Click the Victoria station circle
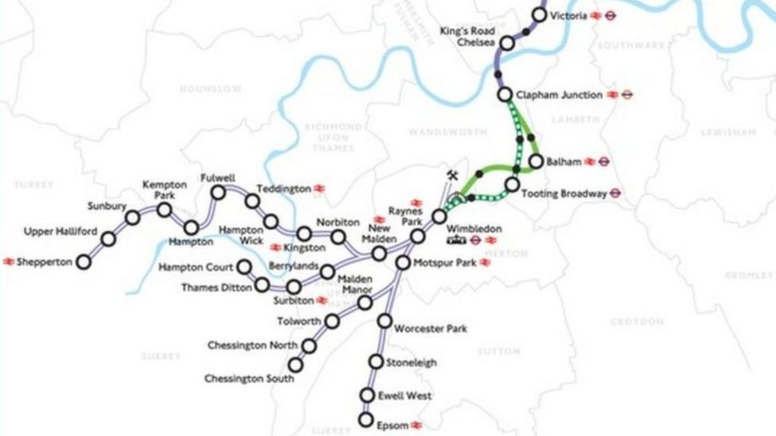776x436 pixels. (x=540, y=14)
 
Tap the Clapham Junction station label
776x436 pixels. (x=559, y=95)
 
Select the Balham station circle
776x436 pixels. (x=536, y=161)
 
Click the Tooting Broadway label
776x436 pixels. (x=563, y=194)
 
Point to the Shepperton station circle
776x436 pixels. (x=83, y=262)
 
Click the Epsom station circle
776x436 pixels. (x=367, y=419)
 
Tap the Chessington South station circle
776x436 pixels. (x=296, y=365)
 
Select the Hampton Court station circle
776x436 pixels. (x=244, y=266)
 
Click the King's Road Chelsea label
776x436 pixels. (x=468, y=36)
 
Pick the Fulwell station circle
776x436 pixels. (x=218, y=193)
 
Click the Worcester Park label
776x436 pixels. (x=430, y=329)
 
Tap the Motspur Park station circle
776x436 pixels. (x=402, y=263)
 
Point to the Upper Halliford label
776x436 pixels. (x=61, y=232)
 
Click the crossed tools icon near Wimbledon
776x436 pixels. (x=452, y=176)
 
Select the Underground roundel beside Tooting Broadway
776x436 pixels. (x=616, y=193)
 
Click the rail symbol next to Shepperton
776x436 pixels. (x=8, y=262)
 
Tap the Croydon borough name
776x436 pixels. (x=637, y=322)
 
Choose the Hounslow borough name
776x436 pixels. (x=211, y=89)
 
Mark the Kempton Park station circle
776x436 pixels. (x=164, y=210)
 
